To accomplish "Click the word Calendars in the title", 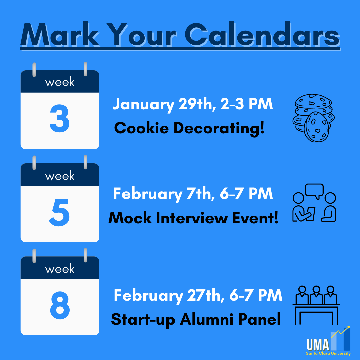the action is [262, 34].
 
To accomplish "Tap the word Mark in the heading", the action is [60, 34].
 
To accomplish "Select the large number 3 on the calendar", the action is [60, 118].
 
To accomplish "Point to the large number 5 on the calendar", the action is [59, 212].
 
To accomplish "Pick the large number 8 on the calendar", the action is [60, 305].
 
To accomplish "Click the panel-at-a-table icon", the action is [316, 305].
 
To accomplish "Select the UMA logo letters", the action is [318, 344].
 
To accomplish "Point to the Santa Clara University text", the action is [328, 353].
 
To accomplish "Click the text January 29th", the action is [164, 104].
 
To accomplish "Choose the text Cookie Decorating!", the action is [189, 128].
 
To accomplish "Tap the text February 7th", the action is [164, 194].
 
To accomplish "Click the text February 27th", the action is [169, 295].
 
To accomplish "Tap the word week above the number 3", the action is [60, 82].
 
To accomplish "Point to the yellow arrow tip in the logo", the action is [349, 327].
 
